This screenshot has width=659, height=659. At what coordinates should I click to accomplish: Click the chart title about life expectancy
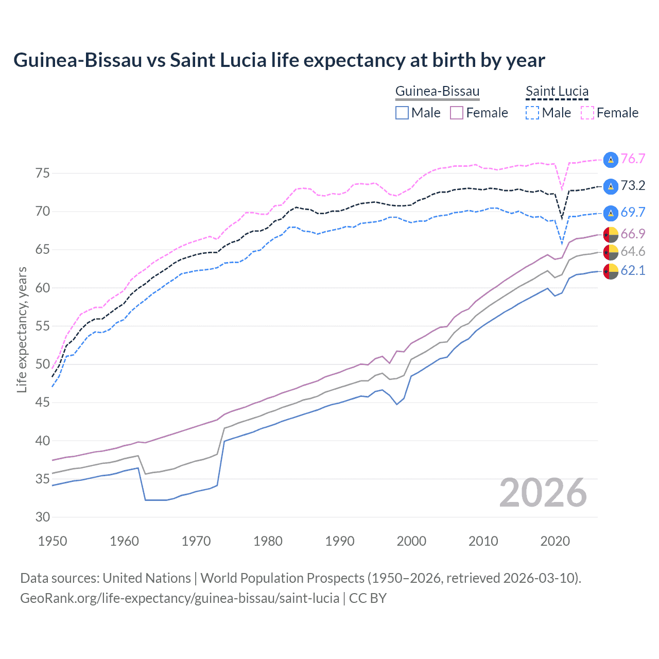coord(279,60)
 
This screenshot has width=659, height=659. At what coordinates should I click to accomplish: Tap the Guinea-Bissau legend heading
coord(437,91)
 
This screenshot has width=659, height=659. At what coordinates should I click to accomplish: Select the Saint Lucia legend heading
coord(557,91)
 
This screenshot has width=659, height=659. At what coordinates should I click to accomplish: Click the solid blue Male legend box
coord(402,113)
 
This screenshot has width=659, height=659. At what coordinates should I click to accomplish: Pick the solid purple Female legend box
coord(457,113)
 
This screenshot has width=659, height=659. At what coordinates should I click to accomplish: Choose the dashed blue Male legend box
coord(532,113)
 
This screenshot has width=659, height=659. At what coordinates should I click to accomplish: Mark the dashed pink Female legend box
coord(587,113)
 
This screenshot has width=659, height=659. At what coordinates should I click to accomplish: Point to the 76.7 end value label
coord(633,159)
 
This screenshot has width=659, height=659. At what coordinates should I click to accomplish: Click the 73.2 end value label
coord(633,185)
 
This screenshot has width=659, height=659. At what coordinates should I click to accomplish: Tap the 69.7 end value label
coord(633,212)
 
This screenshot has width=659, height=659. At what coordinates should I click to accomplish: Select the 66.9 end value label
coord(633,234)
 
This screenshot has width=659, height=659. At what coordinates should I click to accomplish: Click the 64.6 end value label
coord(633,251)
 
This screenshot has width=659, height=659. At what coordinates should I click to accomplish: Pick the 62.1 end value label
coord(633,270)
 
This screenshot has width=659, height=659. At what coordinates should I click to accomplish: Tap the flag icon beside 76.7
coord(611,159)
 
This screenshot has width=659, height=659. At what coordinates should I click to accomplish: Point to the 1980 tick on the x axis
coord(268,541)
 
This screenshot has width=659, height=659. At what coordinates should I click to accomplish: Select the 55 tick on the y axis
coord(43,326)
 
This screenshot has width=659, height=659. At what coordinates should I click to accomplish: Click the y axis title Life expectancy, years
coord(22,329)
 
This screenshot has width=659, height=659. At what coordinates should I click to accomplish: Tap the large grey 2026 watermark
coord(543,493)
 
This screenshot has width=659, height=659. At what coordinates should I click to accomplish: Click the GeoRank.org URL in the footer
coord(179,598)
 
